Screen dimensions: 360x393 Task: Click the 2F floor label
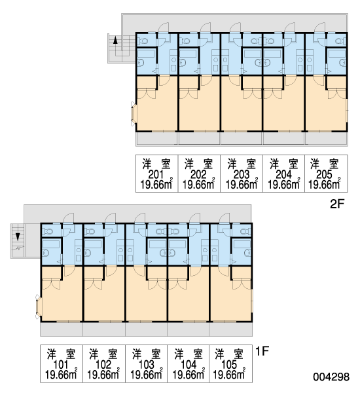coord(337,204)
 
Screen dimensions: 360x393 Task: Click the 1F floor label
coord(262,351)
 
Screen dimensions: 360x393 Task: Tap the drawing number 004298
coord(331,377)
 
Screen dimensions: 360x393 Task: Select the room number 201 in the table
coord(156,174)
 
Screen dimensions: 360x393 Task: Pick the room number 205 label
coord(325,174)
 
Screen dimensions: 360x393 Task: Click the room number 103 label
coord(146,364)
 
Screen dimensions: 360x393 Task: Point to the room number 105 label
coord(229,364)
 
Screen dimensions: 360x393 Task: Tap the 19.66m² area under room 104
coord(189,375)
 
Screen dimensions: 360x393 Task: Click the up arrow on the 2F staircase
coord(115,41)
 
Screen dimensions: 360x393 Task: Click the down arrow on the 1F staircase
coord(18,236)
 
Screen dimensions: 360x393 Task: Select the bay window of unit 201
coord(134,114)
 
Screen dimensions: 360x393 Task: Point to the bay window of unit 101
coord(38,307)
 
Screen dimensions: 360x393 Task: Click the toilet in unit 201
coord(144,41)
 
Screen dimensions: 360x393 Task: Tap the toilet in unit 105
coord(244,231)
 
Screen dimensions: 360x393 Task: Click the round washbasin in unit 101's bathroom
coord(46,253)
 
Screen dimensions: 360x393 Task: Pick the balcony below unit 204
coord(283,138)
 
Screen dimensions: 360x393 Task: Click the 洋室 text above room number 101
coord(61,354)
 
